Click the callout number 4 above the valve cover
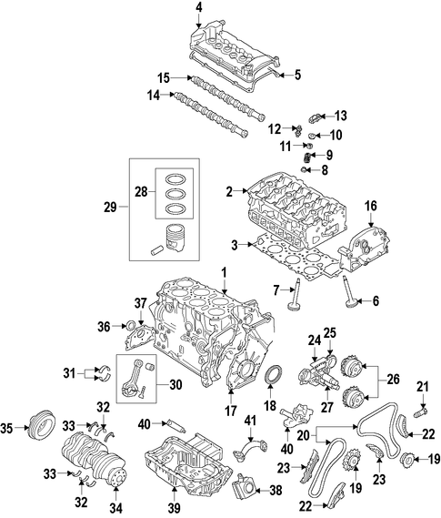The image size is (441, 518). coord(198,8)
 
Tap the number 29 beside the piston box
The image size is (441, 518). coord(111,208)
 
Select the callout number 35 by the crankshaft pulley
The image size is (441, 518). coord(6,428)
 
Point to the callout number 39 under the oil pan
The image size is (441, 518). coord(175,509)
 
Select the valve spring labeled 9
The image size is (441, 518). coord(307,157)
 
